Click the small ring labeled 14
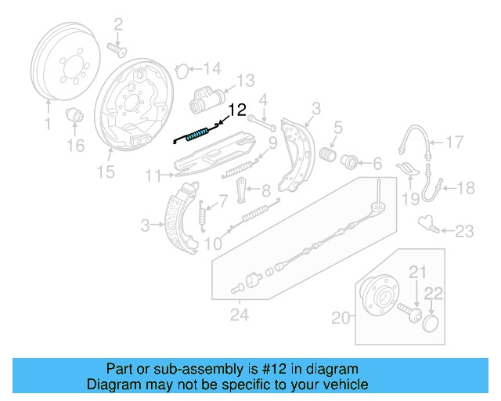(x=179, y=69)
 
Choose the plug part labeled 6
(x=350, y=163)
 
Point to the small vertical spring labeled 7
(x=203, y=213)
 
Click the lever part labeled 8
(x=243, y=187)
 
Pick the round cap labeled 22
(x=430, y=323)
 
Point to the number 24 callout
(x=238, y=315)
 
